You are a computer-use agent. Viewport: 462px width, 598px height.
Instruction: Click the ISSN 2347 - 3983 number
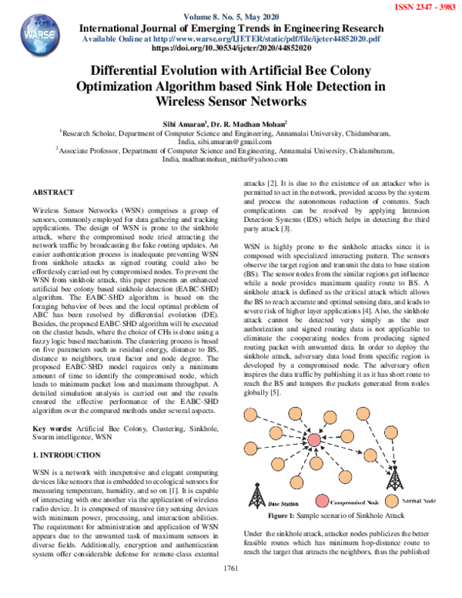click(x=424, y=5)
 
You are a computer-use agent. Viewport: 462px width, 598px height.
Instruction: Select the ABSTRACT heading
click(x=54, y=192)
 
